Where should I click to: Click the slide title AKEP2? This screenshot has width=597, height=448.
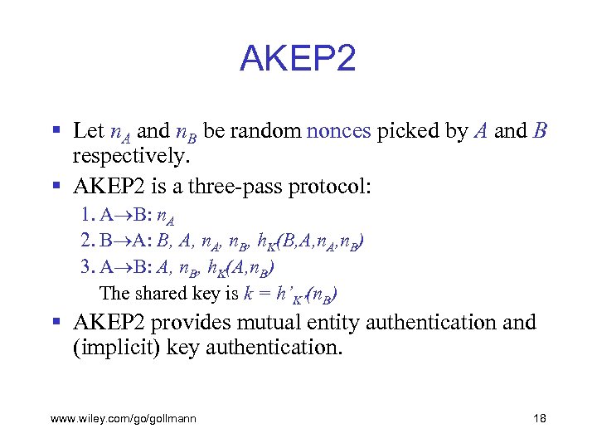pyautogui.click(x=298, y=59)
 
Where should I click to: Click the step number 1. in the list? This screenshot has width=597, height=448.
pyautogui.click(x=89, y=216)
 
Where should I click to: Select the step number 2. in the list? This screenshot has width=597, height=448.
pyautogui.click(x=90, y=241)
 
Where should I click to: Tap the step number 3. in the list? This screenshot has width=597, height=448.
pyautogui.click(x=89, y=267)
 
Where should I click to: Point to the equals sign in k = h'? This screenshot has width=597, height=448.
pyautogui.click(x=265, y=293)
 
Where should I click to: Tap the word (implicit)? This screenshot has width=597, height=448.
pyautogui.click(x=112, y=348)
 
